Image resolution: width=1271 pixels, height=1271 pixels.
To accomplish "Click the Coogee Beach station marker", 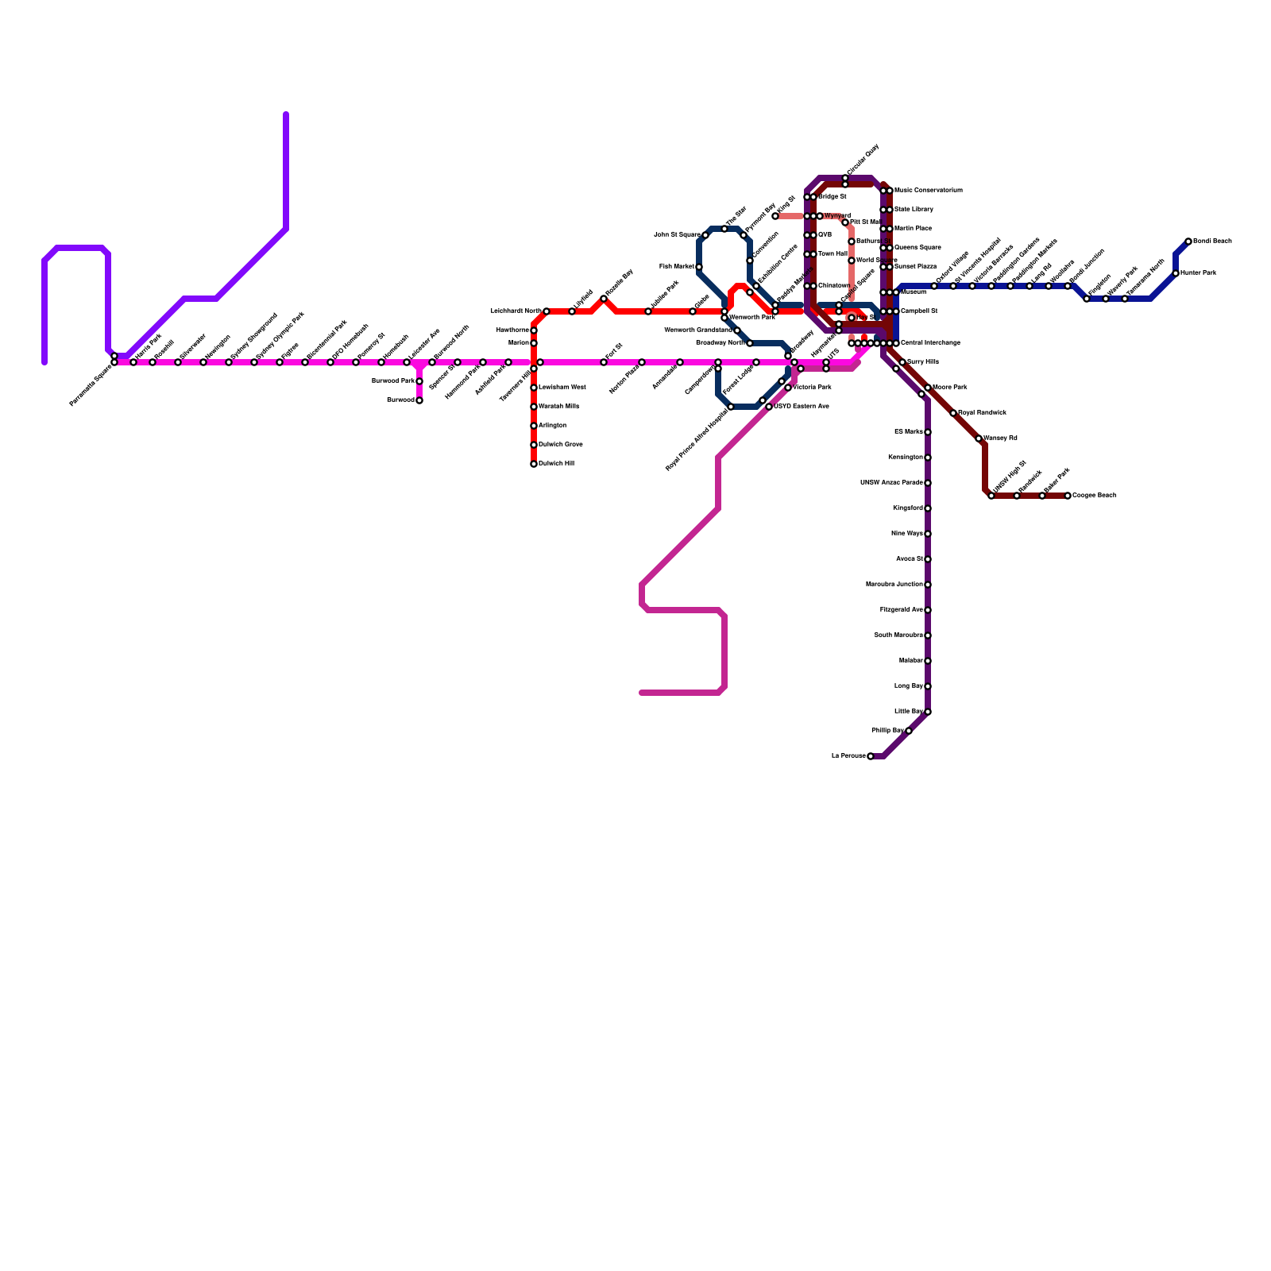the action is [1068, 496].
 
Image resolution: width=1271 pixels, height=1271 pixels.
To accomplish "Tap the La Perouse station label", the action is [848, 756].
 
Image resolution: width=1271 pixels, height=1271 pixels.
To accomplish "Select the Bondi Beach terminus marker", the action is [1188, 241].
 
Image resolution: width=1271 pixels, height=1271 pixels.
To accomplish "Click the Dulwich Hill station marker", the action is [534, 464].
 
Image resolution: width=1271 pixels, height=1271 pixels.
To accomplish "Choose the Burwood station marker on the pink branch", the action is [419, 400].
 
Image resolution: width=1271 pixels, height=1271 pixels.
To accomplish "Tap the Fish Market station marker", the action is [699, 267].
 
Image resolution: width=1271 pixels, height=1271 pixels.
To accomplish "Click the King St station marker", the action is [775, 216].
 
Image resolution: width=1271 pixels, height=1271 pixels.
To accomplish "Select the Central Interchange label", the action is [930, 343].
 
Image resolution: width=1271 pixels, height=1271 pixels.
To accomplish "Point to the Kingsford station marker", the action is [928, 508].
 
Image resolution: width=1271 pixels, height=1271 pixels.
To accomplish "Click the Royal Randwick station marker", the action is [953, 413].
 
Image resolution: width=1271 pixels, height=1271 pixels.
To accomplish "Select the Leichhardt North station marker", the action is [547, 311].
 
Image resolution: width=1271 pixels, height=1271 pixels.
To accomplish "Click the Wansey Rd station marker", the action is [979, 438].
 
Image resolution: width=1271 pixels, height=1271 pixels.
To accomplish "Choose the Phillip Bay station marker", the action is [909, 731].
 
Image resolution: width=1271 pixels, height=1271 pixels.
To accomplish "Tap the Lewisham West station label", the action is [562, 388].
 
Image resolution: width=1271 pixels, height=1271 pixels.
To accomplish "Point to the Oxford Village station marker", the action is [934, 286].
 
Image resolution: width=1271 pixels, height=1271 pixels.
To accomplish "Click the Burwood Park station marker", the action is [419, 381].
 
